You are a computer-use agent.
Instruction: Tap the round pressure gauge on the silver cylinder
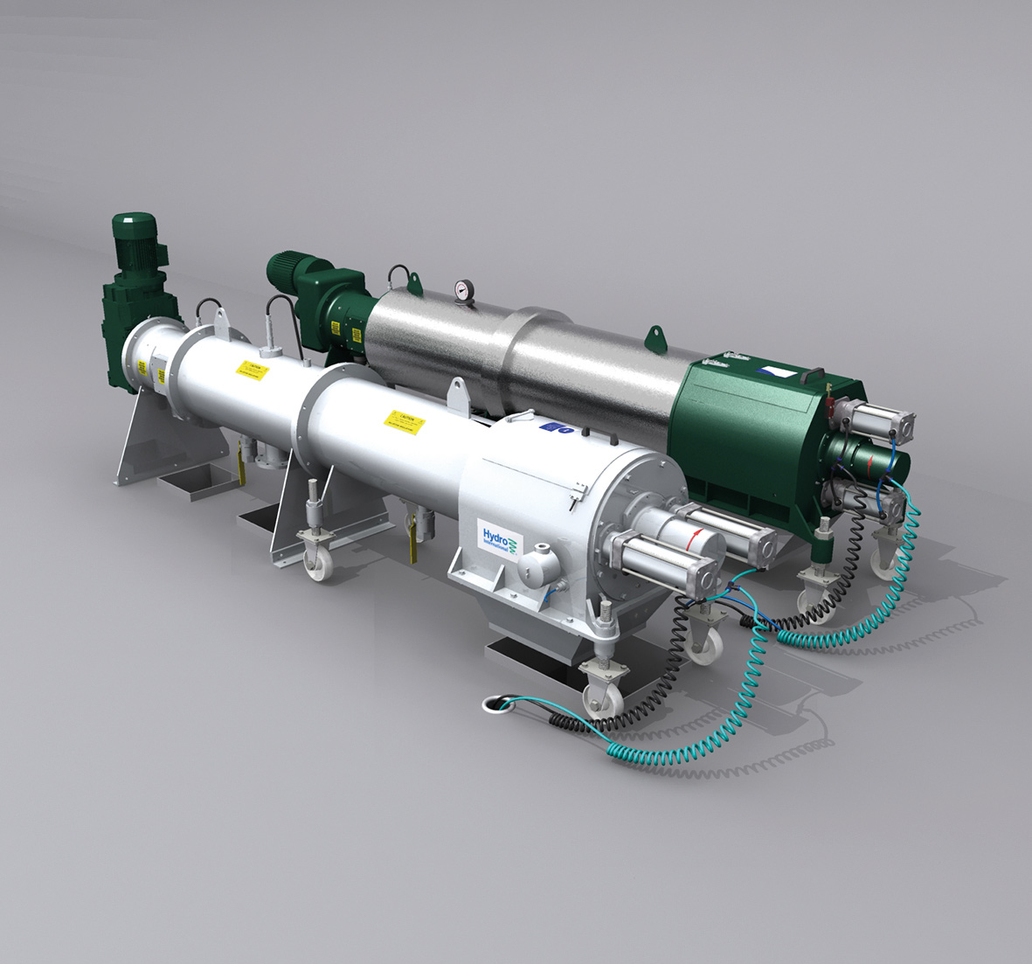(464, 290)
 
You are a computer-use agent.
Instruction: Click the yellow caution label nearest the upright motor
(250, 371)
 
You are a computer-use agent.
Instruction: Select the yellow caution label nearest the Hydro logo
(404, 423)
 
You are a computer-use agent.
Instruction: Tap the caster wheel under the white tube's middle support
(317, 559)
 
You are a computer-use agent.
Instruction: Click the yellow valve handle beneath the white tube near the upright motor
(237, 461)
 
